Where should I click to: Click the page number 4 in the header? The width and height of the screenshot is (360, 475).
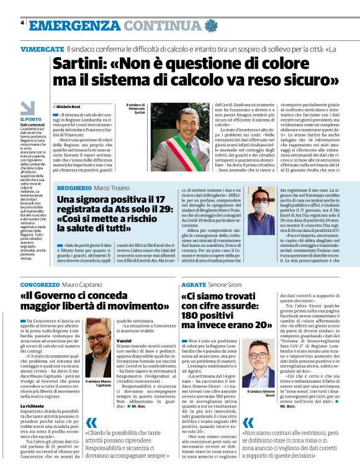point(22,24)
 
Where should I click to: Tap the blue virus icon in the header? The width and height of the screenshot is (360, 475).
point(212,25)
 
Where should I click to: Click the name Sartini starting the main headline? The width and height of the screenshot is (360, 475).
point(81,64)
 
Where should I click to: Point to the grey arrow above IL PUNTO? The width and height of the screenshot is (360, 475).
point(28,107)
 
